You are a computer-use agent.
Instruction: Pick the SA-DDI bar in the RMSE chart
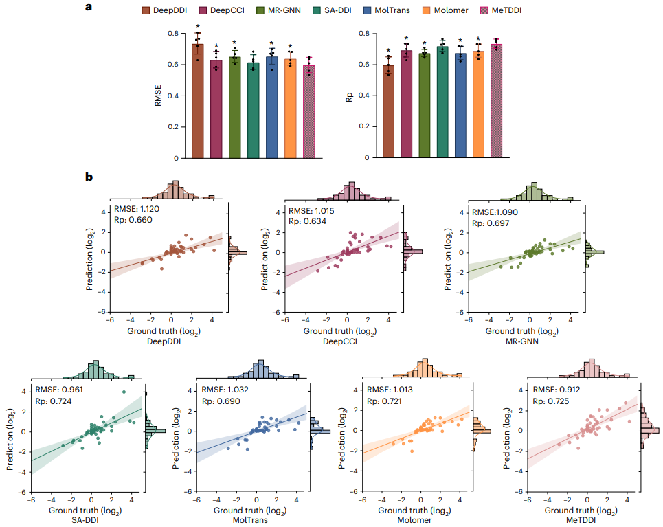coord(253,110)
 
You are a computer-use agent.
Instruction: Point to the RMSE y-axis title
coord(158,96)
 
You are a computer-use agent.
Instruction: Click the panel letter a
coord(88,8)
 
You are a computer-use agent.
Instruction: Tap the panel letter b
coord(89,177)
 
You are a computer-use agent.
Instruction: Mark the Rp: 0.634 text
coord(307,221)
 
